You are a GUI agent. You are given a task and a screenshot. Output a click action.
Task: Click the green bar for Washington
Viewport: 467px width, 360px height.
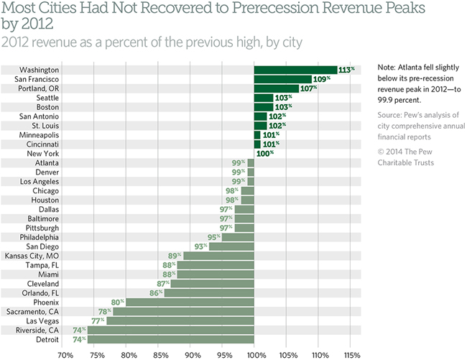coord(295,70)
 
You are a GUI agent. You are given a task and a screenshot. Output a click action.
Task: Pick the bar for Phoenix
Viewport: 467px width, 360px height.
coord(190,302)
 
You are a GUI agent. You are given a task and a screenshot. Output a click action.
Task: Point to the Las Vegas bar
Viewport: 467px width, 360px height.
coord(180,320)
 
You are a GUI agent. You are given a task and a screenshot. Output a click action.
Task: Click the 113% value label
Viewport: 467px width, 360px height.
coord(347,70)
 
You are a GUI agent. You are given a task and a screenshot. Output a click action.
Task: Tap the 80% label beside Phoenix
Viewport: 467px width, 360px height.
coord(116,302)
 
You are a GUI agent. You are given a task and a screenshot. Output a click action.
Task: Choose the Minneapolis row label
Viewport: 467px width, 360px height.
coord(40,134)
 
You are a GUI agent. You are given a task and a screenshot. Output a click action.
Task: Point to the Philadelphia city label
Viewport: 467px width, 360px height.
coord(40,237)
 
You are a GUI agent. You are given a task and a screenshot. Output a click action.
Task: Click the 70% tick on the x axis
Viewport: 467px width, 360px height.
coord(64,354)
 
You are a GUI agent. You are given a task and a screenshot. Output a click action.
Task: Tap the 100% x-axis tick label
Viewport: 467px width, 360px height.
coord(254,354)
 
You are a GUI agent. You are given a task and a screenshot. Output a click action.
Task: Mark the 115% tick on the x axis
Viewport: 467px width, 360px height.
coord(350,354)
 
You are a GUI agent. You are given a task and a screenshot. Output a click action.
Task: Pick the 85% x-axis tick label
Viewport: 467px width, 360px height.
coord(159,354)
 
